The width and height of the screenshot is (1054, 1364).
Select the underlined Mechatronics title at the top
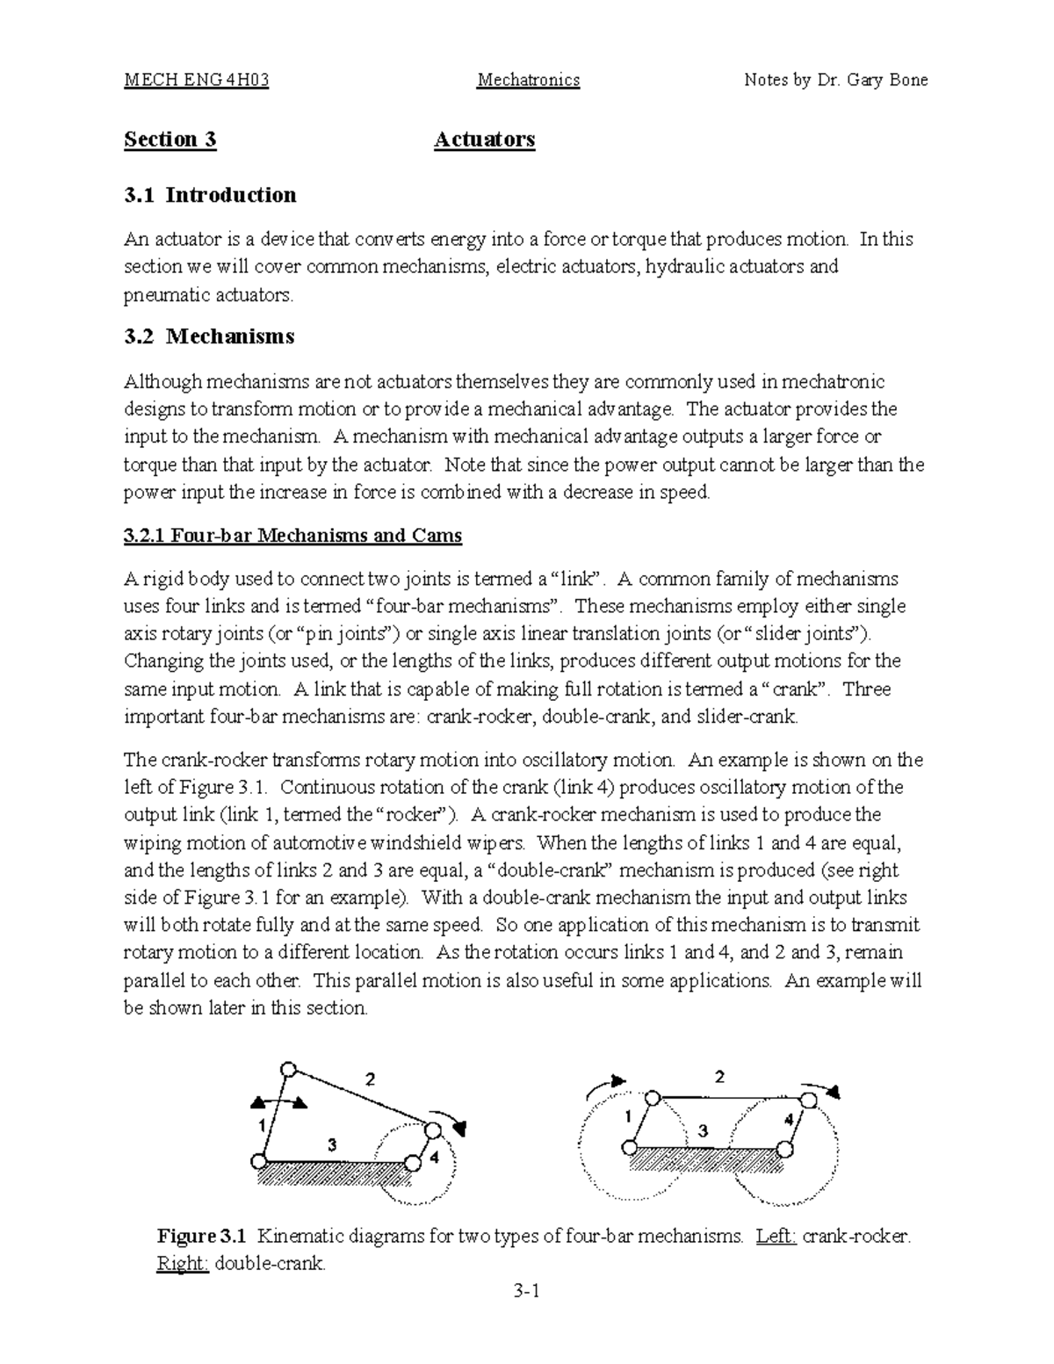[528, 81]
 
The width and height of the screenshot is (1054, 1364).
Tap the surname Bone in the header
[908, 81]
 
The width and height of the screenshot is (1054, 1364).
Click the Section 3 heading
[170, 140]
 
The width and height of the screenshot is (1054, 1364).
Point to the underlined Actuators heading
[484, 140]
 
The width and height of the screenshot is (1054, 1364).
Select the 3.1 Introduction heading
[210, 195]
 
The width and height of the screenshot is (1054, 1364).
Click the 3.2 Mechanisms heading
[209, 336]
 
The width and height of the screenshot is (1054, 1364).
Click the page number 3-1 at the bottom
[527, 1291]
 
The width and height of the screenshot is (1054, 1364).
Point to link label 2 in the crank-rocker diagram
[371, 1079]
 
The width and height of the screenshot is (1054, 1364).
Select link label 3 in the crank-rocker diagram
[332, 1144]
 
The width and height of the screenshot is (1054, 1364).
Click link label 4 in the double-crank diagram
[789, 1119]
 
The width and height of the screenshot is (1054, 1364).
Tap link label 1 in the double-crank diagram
[628, 1117]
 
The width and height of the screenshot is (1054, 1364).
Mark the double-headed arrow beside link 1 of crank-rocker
[278, 1102]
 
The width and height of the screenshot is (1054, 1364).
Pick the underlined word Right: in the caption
[183, 1265]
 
